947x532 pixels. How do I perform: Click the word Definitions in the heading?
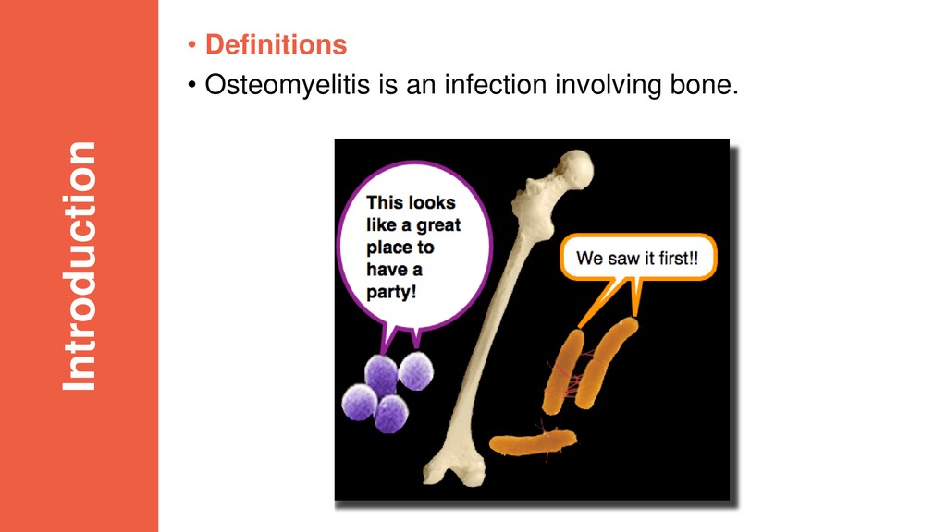point(276,44)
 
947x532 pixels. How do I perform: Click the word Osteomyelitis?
point(287,84)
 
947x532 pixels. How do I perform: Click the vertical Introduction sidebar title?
point(80,266)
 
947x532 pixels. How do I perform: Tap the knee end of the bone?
point(455,468)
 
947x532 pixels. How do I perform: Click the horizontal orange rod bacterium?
point(533,443)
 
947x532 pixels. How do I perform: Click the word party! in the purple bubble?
point(391,292)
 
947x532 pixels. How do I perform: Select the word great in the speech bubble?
point(438,225)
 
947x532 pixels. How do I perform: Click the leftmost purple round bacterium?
point(360,403)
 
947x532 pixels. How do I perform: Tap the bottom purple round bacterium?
point(391,414)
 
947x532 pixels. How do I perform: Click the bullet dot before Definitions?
point(192,45)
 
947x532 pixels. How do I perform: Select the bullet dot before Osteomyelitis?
point(192,85)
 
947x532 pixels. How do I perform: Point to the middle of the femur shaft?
point(496,320)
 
